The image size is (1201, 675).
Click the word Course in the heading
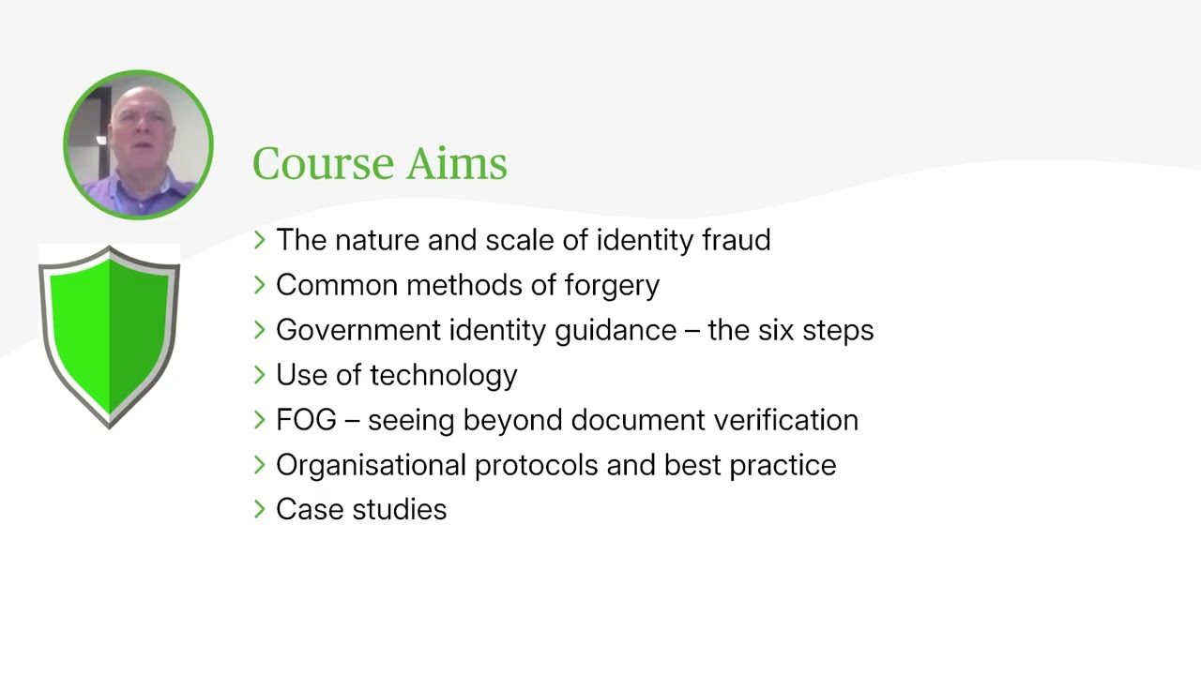322,164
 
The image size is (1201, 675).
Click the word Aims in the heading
457,164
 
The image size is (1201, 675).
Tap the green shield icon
110,336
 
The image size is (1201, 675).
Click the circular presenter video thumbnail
139,144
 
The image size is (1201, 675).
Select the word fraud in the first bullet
737,240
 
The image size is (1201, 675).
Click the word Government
357,330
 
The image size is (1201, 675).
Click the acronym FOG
306,420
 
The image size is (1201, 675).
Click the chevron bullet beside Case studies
260,510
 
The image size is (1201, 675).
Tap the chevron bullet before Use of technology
260,375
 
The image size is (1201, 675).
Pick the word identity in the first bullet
646,240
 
